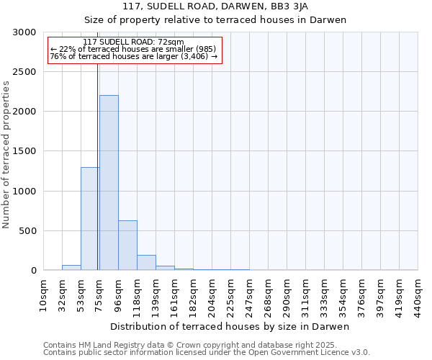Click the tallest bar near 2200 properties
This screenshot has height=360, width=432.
(109, 183)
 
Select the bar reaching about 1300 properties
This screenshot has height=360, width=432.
(90, 219)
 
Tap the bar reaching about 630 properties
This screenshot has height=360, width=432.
(127, 246)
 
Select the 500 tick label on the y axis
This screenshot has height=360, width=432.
(28, 231)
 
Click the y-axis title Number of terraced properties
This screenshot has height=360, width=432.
(6, 154)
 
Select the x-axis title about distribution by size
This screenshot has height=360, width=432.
(230, 327)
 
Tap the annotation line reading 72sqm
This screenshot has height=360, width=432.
(133, 42)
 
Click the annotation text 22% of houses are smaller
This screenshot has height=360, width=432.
(133, 49)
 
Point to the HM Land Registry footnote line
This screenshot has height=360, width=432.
(206, 346)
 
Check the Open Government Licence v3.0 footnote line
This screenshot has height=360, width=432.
(206, 353)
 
